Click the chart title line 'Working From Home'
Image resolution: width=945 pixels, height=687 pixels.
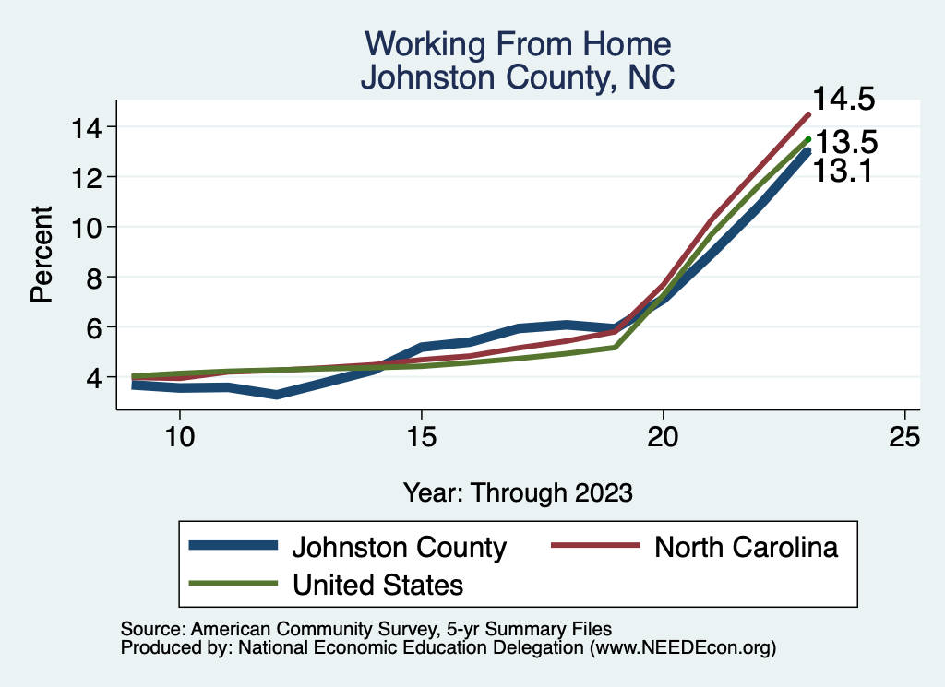pos(517,44)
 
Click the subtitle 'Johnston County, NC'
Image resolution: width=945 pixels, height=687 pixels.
pos(517,77)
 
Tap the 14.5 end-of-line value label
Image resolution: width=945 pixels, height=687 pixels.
pos(843,100)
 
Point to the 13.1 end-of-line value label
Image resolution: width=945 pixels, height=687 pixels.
pos(843,171)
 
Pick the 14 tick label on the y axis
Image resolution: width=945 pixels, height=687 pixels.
pos(89,126)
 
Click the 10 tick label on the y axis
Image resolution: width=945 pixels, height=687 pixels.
pos(89,227)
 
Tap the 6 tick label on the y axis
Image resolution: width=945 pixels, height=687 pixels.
pos(96,327)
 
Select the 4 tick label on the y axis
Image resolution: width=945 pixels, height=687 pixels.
pos(96,377)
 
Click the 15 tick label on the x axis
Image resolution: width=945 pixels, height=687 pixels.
pos(421,436)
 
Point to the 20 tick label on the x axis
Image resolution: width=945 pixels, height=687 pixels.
pos(663,436)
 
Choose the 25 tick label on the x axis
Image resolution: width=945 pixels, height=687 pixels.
pos(904,436)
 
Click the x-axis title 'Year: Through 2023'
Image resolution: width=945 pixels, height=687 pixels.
pos(518,492)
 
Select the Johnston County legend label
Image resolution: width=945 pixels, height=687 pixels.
pos(400,547)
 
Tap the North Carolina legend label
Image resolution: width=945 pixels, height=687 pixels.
pos(746,547)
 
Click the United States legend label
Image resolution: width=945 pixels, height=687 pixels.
pos(377,584)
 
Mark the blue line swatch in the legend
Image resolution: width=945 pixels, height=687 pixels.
pos(233,546)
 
